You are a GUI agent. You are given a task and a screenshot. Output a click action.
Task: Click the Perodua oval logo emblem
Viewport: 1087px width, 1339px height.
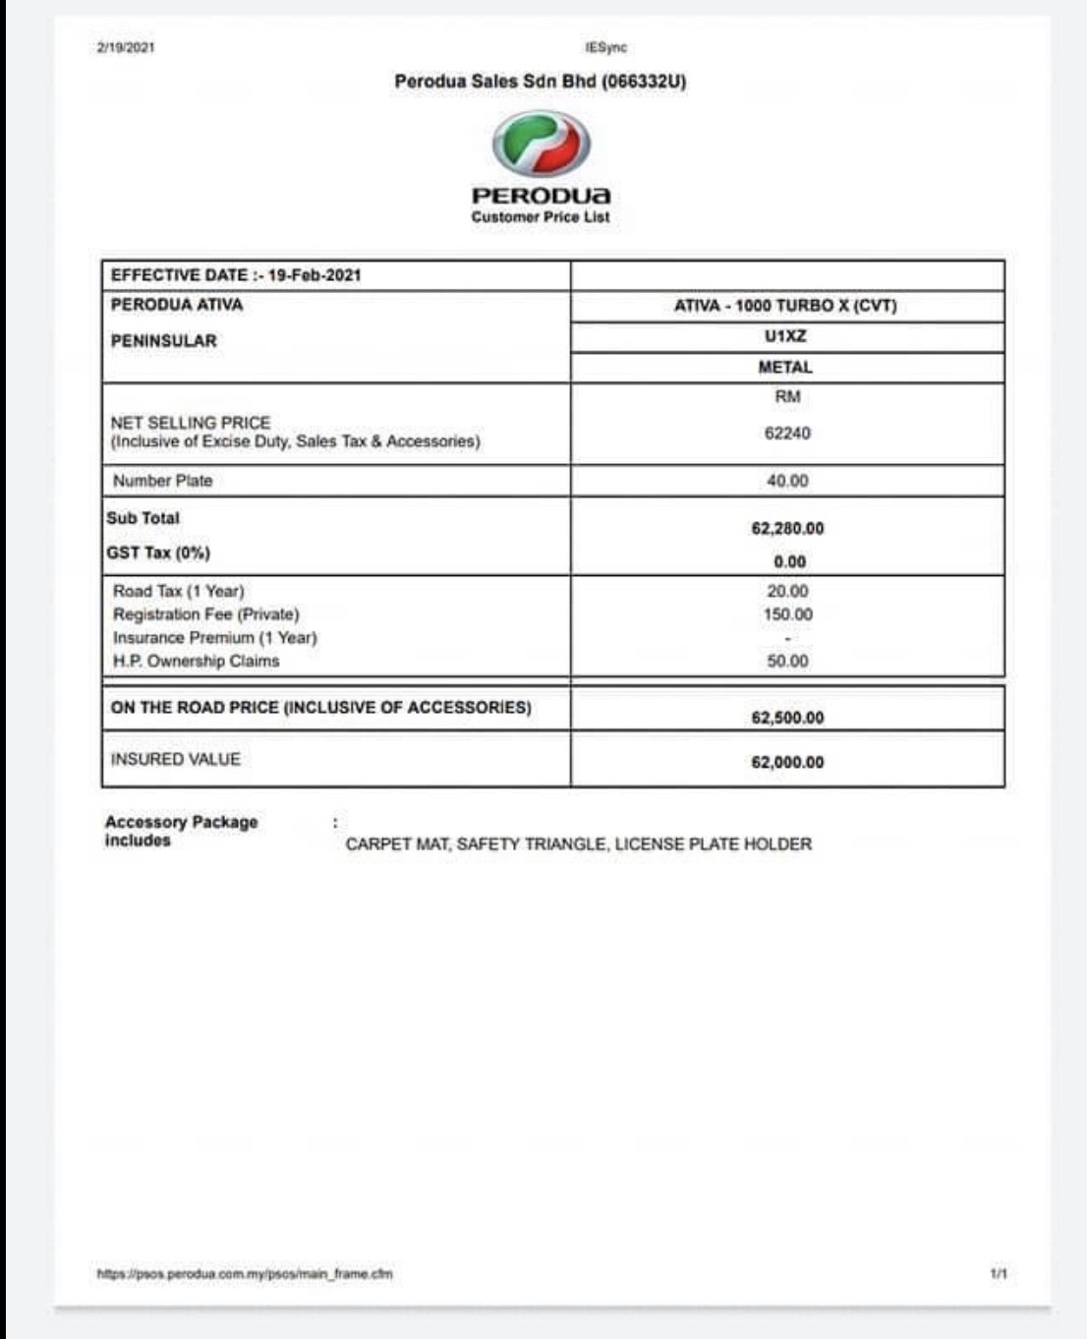(541, 145)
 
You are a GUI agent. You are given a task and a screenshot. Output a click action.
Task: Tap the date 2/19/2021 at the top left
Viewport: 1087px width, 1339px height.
(126, 47)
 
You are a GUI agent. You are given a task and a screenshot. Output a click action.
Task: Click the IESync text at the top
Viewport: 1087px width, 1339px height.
(605, 47)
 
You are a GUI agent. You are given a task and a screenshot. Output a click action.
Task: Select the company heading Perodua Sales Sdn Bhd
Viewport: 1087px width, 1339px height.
(540, 82)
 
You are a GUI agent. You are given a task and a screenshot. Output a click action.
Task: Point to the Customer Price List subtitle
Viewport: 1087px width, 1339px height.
(540, 217)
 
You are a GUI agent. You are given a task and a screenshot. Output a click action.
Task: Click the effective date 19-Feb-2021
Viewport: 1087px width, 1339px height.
(314, 275)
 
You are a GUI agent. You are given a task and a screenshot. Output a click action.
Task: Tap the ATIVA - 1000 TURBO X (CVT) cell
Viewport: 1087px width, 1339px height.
(785, 306)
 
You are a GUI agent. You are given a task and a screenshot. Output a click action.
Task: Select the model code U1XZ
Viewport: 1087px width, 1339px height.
(785, 336)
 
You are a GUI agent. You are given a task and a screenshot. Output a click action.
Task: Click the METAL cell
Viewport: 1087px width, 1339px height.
(785, 367)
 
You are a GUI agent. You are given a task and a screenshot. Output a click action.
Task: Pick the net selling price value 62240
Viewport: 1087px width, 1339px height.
(787, 434)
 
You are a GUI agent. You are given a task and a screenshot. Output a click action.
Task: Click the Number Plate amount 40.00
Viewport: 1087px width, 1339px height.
(787, 481)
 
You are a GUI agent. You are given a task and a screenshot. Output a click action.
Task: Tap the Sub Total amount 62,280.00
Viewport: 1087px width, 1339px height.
(787, 529)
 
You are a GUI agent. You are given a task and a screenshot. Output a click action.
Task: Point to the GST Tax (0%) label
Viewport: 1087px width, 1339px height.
(158, 553)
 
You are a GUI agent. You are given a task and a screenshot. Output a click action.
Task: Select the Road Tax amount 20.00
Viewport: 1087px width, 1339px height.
(787, 592)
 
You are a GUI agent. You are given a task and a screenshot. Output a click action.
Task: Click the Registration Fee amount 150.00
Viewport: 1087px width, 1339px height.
(787, 614)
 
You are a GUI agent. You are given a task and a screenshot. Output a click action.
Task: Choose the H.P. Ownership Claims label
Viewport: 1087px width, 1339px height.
(196, 661)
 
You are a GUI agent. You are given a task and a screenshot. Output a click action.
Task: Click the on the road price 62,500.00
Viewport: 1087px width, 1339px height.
(787, 718)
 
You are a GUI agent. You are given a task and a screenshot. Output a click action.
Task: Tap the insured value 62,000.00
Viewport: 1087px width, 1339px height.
(787, 762)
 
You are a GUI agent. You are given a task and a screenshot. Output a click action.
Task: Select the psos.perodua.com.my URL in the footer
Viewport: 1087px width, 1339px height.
(245, 1274)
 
